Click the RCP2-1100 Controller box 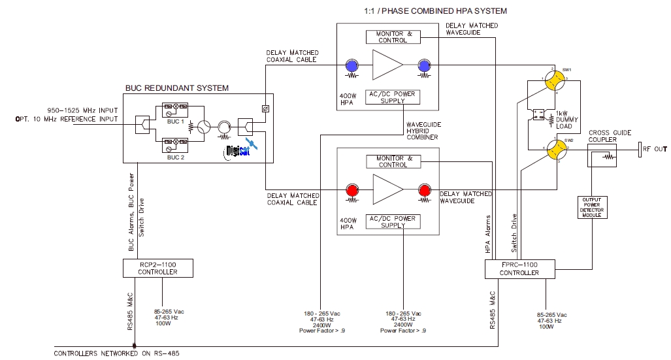coord(157,268)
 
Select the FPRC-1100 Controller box coord(519,269)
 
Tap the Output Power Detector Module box coord(593,206)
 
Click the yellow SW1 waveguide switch coord(557,80)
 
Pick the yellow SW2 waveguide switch coord(557,151)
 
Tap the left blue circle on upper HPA coord(352,65)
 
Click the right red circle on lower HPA coord(425,190)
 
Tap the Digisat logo coord(239,152)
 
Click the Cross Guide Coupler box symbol coord(601,155)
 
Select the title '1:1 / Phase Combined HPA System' coord(434,11)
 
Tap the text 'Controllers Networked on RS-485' coord(116,353)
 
